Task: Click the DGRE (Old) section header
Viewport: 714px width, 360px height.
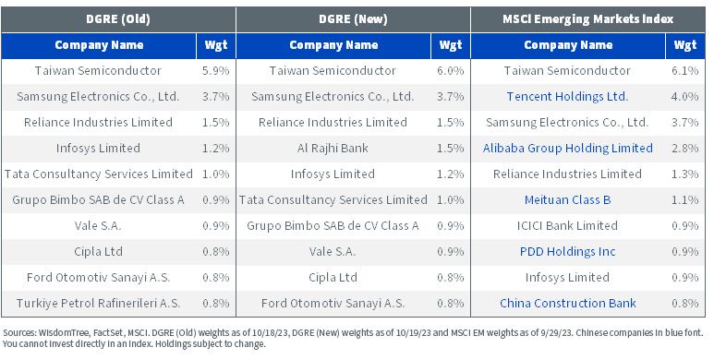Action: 118,19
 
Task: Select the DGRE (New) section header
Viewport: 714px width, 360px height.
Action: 353,19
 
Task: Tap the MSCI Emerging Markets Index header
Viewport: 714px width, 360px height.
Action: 587,19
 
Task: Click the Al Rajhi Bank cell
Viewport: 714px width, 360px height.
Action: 333,149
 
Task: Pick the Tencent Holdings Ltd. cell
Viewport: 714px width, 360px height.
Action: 567,97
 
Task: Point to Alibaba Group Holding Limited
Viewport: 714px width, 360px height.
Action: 568,149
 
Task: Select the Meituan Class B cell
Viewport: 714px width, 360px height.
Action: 567,199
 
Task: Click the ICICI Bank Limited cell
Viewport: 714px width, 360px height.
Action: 567,226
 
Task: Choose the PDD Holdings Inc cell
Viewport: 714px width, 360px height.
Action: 567,252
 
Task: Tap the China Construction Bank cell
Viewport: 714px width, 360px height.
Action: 568,303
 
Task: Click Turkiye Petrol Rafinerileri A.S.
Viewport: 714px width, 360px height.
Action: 98,303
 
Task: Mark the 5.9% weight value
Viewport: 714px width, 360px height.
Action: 216,71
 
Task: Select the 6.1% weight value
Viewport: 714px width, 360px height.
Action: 685,71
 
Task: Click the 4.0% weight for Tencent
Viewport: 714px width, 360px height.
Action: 685,97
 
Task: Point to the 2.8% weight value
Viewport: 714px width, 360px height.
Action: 685,149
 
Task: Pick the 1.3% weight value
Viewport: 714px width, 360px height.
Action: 685,174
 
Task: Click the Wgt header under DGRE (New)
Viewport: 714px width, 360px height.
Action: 451,45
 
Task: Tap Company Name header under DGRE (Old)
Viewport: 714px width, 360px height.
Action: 99,45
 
